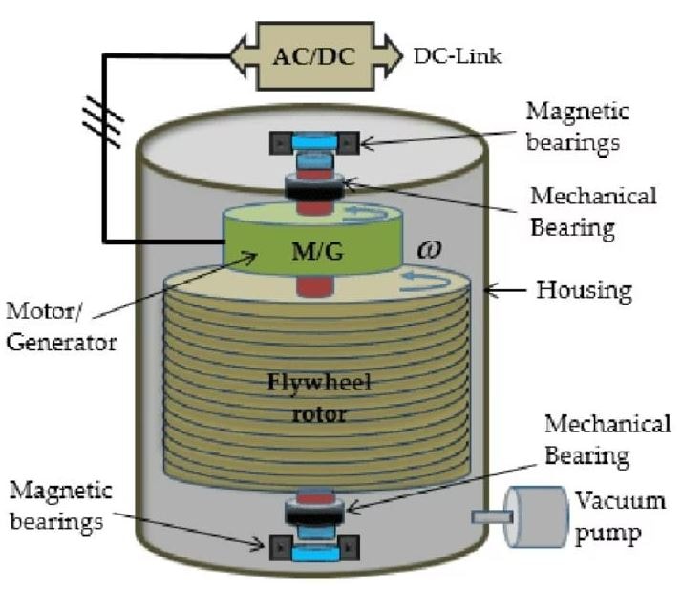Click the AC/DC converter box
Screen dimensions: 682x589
coord(316,56)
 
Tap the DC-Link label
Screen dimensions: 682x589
coord(458,56)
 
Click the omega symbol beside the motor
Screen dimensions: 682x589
coord(429,249)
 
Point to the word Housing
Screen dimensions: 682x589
coord(584,290)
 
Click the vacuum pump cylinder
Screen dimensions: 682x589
coord(536,516)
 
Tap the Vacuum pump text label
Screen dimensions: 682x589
coord(619,517)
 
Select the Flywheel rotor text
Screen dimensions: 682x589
coord(319,398)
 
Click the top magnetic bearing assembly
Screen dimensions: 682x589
coord(314,142)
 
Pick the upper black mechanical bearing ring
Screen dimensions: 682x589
coord(314,186)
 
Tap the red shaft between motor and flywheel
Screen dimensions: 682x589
coord(315,286)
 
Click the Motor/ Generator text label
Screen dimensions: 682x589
coord(61,326)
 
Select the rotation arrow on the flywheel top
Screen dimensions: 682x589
coord(425,282)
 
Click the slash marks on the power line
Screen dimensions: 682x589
coord(103,121)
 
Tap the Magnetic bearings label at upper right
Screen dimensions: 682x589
coord(577,127)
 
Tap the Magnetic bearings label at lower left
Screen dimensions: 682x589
coord(60,506)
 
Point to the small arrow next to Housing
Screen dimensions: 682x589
coord(504,289)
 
